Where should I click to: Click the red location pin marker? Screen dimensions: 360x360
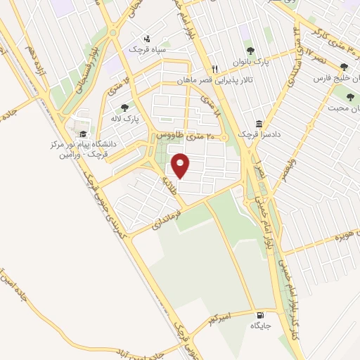[x=181, y=166]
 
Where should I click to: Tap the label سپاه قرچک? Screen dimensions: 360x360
[x=145, y=49]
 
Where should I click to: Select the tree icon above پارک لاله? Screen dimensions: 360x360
[x=124, y=107]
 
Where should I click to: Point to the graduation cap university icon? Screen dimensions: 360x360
[x=83, y=134]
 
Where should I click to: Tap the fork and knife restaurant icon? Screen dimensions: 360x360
[x=215, y=69]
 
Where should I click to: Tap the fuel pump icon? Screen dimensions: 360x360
[x=262, y=315]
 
